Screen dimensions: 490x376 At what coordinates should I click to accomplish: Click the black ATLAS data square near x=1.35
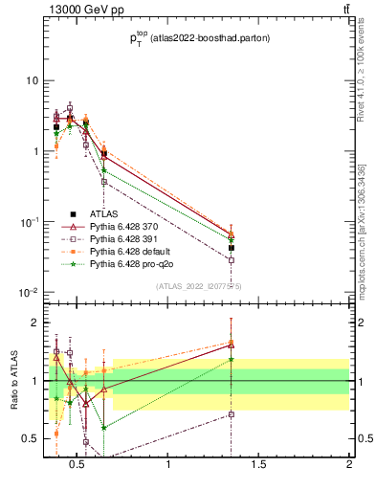pos(232,248)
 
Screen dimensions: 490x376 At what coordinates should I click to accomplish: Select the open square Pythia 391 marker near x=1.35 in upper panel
pos(232,259)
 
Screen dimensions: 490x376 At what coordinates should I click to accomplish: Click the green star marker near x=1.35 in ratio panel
pos(232,360)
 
